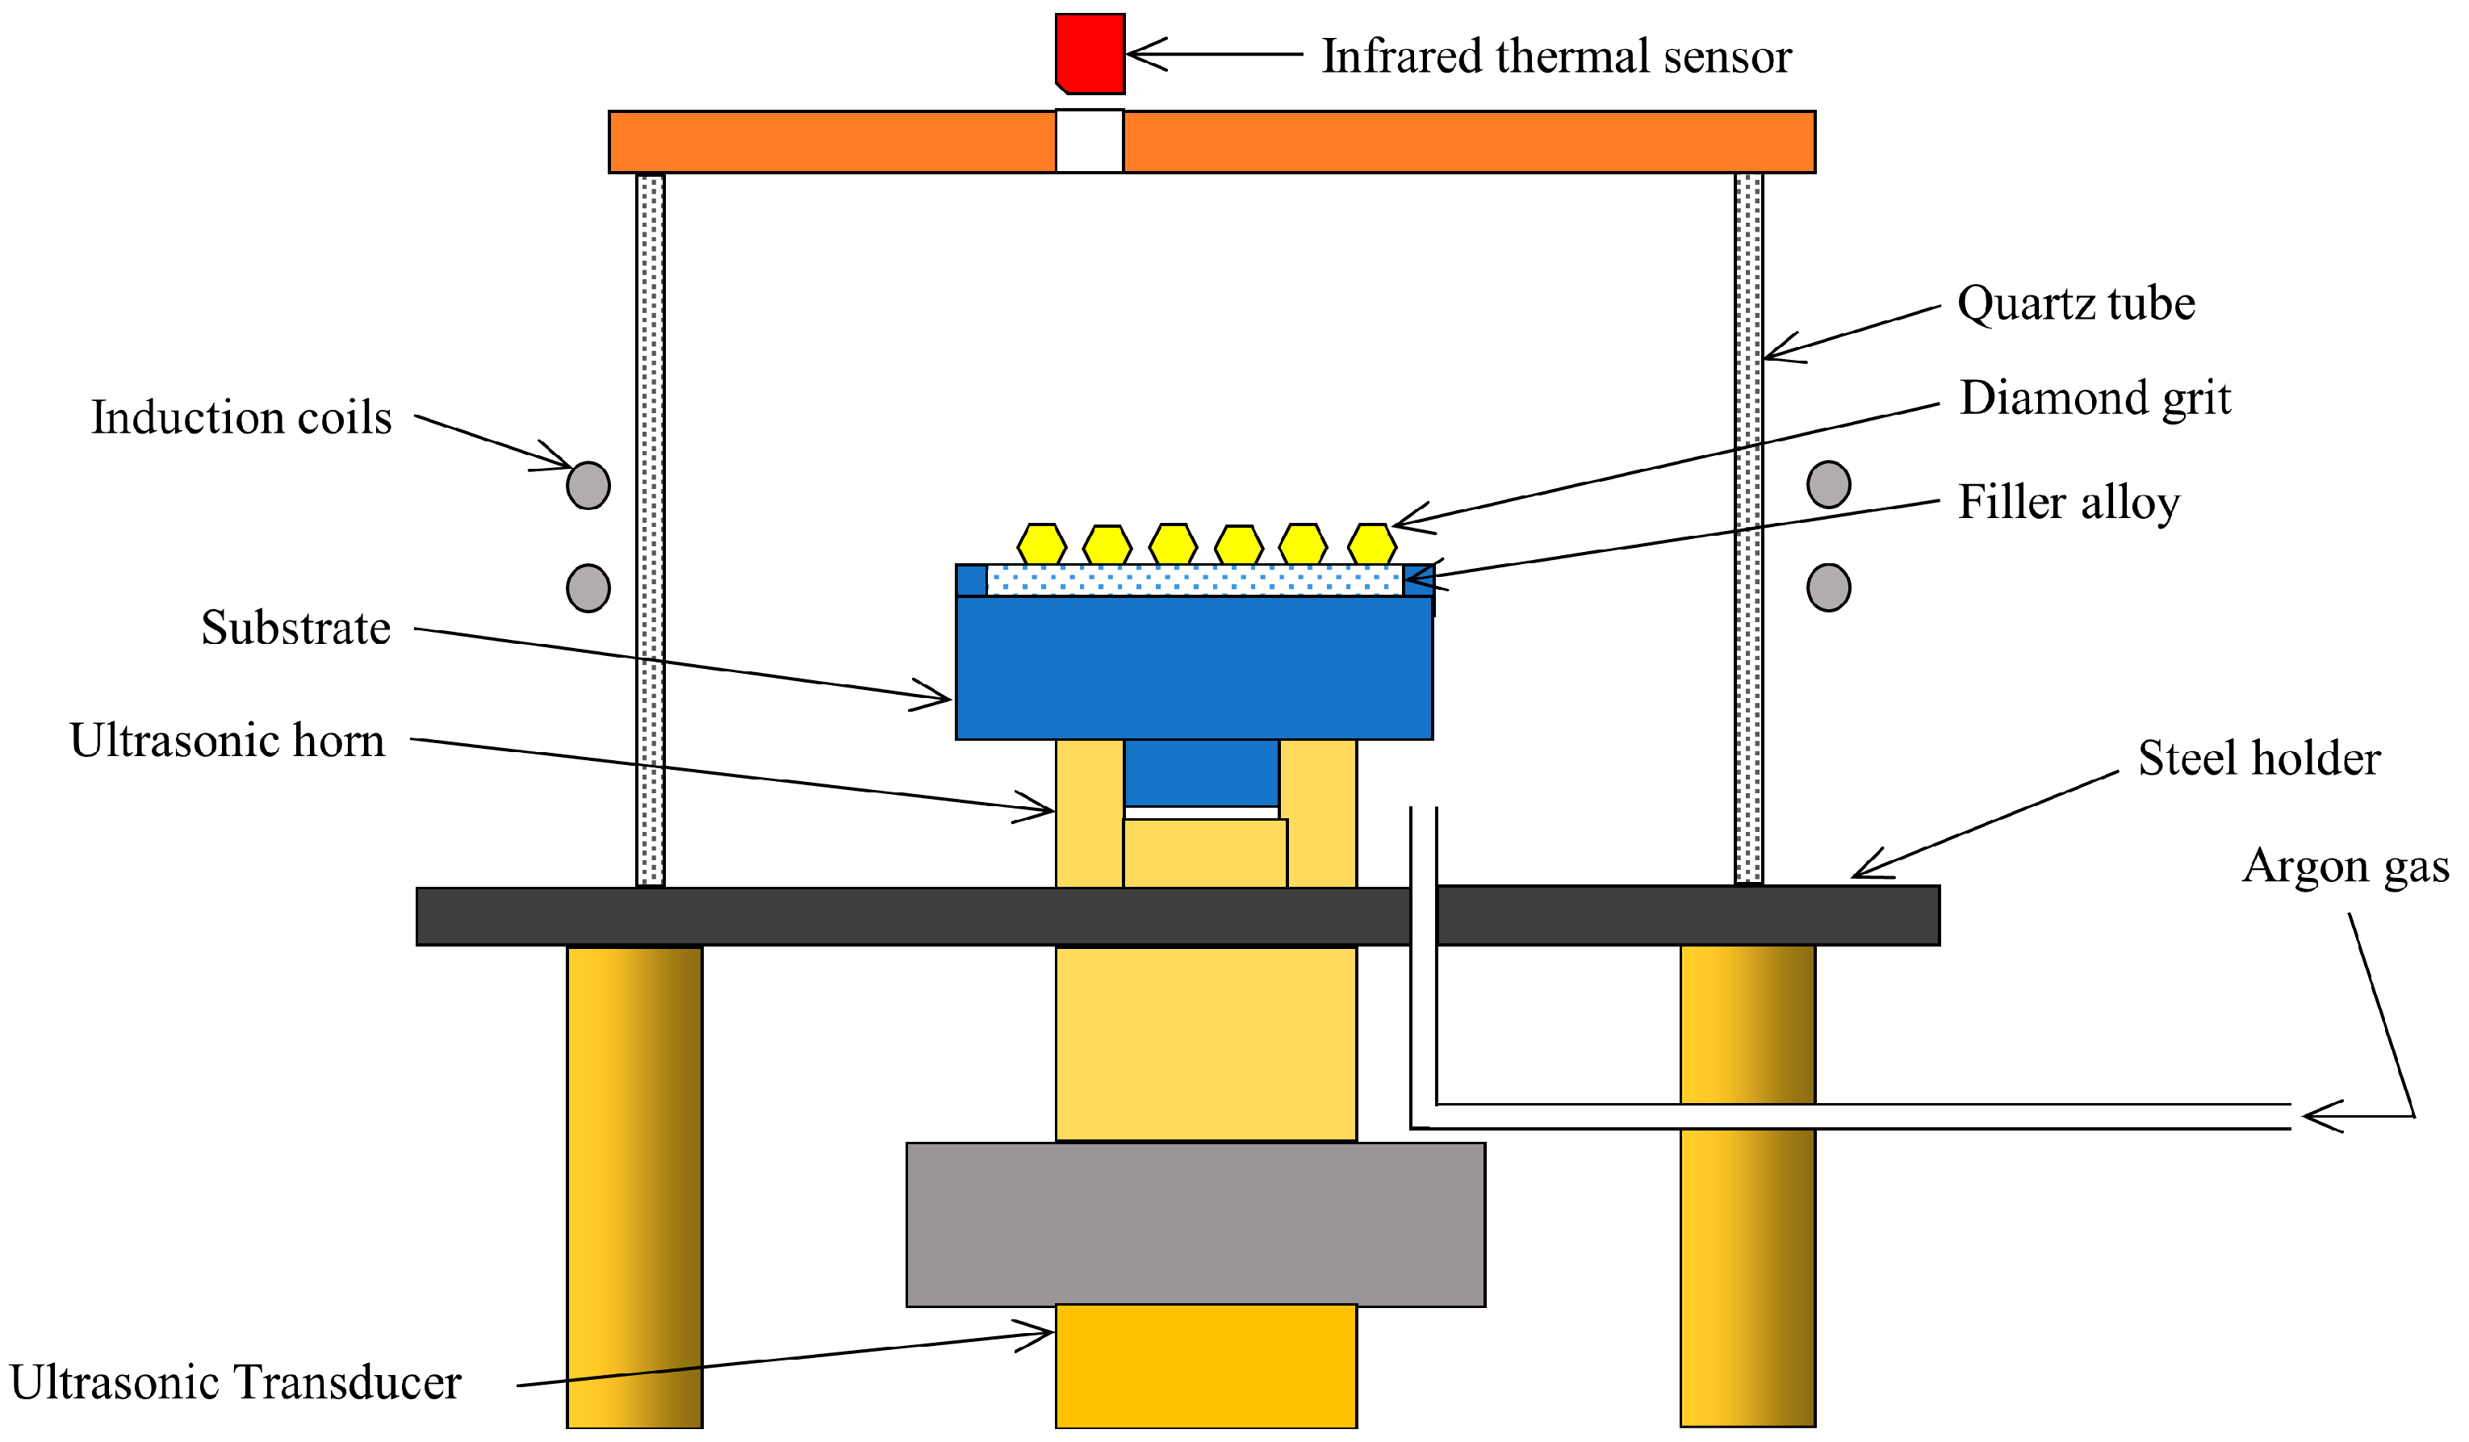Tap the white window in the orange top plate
(1090, 142)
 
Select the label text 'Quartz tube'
(2075, 303)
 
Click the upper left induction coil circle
(588, 485)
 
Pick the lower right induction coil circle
(1828, 587)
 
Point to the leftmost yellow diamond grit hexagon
(1041, 545)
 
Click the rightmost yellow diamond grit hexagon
(1371, 545)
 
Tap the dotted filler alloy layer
(1195, 581)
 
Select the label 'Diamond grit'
(2094, 399)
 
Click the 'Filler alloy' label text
(2067, 503)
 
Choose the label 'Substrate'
(296, 628)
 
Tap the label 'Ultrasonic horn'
(228, 741)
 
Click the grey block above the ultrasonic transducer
(1195, 1224)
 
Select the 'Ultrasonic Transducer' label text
(235, 1383)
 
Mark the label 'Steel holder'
(2258, 759)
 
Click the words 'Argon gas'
(2345, 867)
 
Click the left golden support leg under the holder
(634, 1185)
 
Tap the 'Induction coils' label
(241, 418)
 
